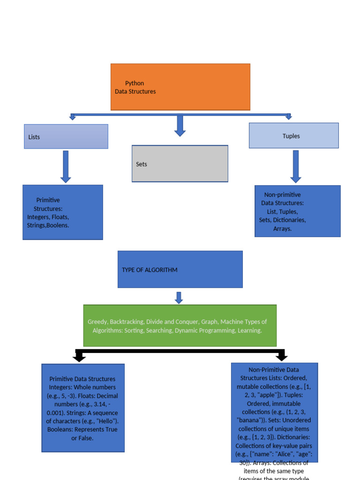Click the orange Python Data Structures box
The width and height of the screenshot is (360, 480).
pyautogui.click(x=180, y=87)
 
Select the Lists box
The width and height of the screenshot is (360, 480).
pyautogui.click(x=66, y=136)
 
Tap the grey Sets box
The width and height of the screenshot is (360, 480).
pyautogui.click(x=180, y=164)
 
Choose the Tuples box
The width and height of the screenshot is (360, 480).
pyautogui.click(x=293, y=135)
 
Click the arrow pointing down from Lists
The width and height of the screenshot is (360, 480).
pyautogui.click(x=66, y=166)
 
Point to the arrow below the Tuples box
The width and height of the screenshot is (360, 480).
pyautogui.click(x=295, y=166)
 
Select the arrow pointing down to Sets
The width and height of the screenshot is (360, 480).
pyautogui.click(x=180, y=126)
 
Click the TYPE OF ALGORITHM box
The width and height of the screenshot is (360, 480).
pyautogui.click(x=180, y=269)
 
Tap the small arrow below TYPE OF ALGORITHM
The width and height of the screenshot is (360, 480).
pyautogui.click(x=179, y=298)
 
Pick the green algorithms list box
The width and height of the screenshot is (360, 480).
pyautogui.click(x=180, y=326)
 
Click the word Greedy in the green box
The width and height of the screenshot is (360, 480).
pyautogui.click(x=97, y=322)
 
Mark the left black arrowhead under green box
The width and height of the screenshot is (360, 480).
pyautogui.click(x=79, y=358)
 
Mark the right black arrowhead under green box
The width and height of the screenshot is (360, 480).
pyautogui.click(x=281, y=358)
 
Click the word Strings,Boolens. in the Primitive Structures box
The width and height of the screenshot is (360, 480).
pyautogui.click(x=48, y=225)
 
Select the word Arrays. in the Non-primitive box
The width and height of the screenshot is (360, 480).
pyautogui.click(x=283, y=229)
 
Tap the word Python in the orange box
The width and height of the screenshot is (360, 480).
pyautogui.click(x=135, y=83)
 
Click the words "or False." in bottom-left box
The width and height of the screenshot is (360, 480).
pyautogui.click(x=82, y=438)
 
